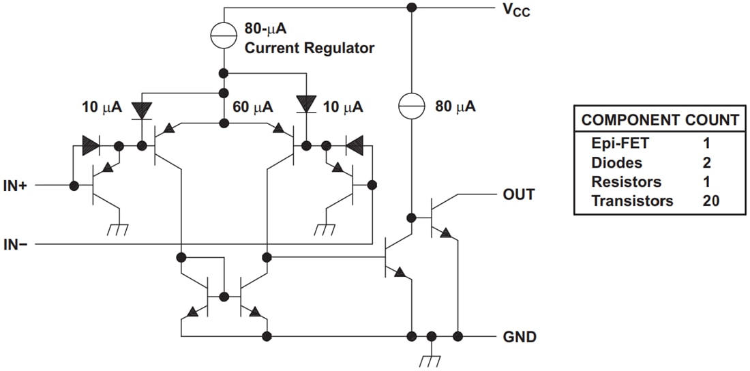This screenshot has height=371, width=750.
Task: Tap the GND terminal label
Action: (520, 337)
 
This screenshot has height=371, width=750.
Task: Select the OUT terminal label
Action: (518, 194)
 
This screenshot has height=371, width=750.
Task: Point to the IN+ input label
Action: (14, 185)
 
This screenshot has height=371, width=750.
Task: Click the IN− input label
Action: (14, 243)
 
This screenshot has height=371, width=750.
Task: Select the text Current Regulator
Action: (309, 48)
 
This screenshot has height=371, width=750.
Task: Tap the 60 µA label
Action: (253, 107)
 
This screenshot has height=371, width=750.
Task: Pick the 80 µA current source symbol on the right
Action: (411, 106)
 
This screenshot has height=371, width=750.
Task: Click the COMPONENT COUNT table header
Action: (659, 121)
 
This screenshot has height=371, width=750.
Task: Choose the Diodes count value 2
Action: (706, 163)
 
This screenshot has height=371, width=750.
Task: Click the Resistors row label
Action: (626, 182)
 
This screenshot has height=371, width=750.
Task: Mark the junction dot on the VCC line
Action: (411, 8)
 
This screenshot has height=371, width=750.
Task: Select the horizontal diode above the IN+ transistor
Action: (91, 145)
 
